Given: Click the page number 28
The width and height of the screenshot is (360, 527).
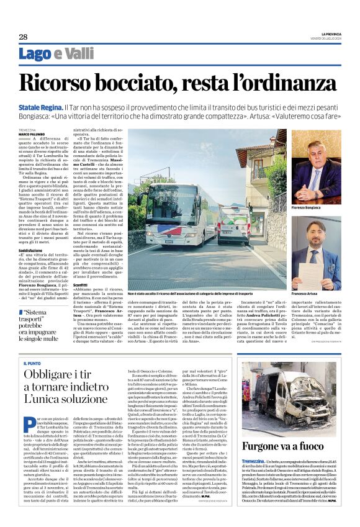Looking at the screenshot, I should pyautogui.click(x=23, y=37).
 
